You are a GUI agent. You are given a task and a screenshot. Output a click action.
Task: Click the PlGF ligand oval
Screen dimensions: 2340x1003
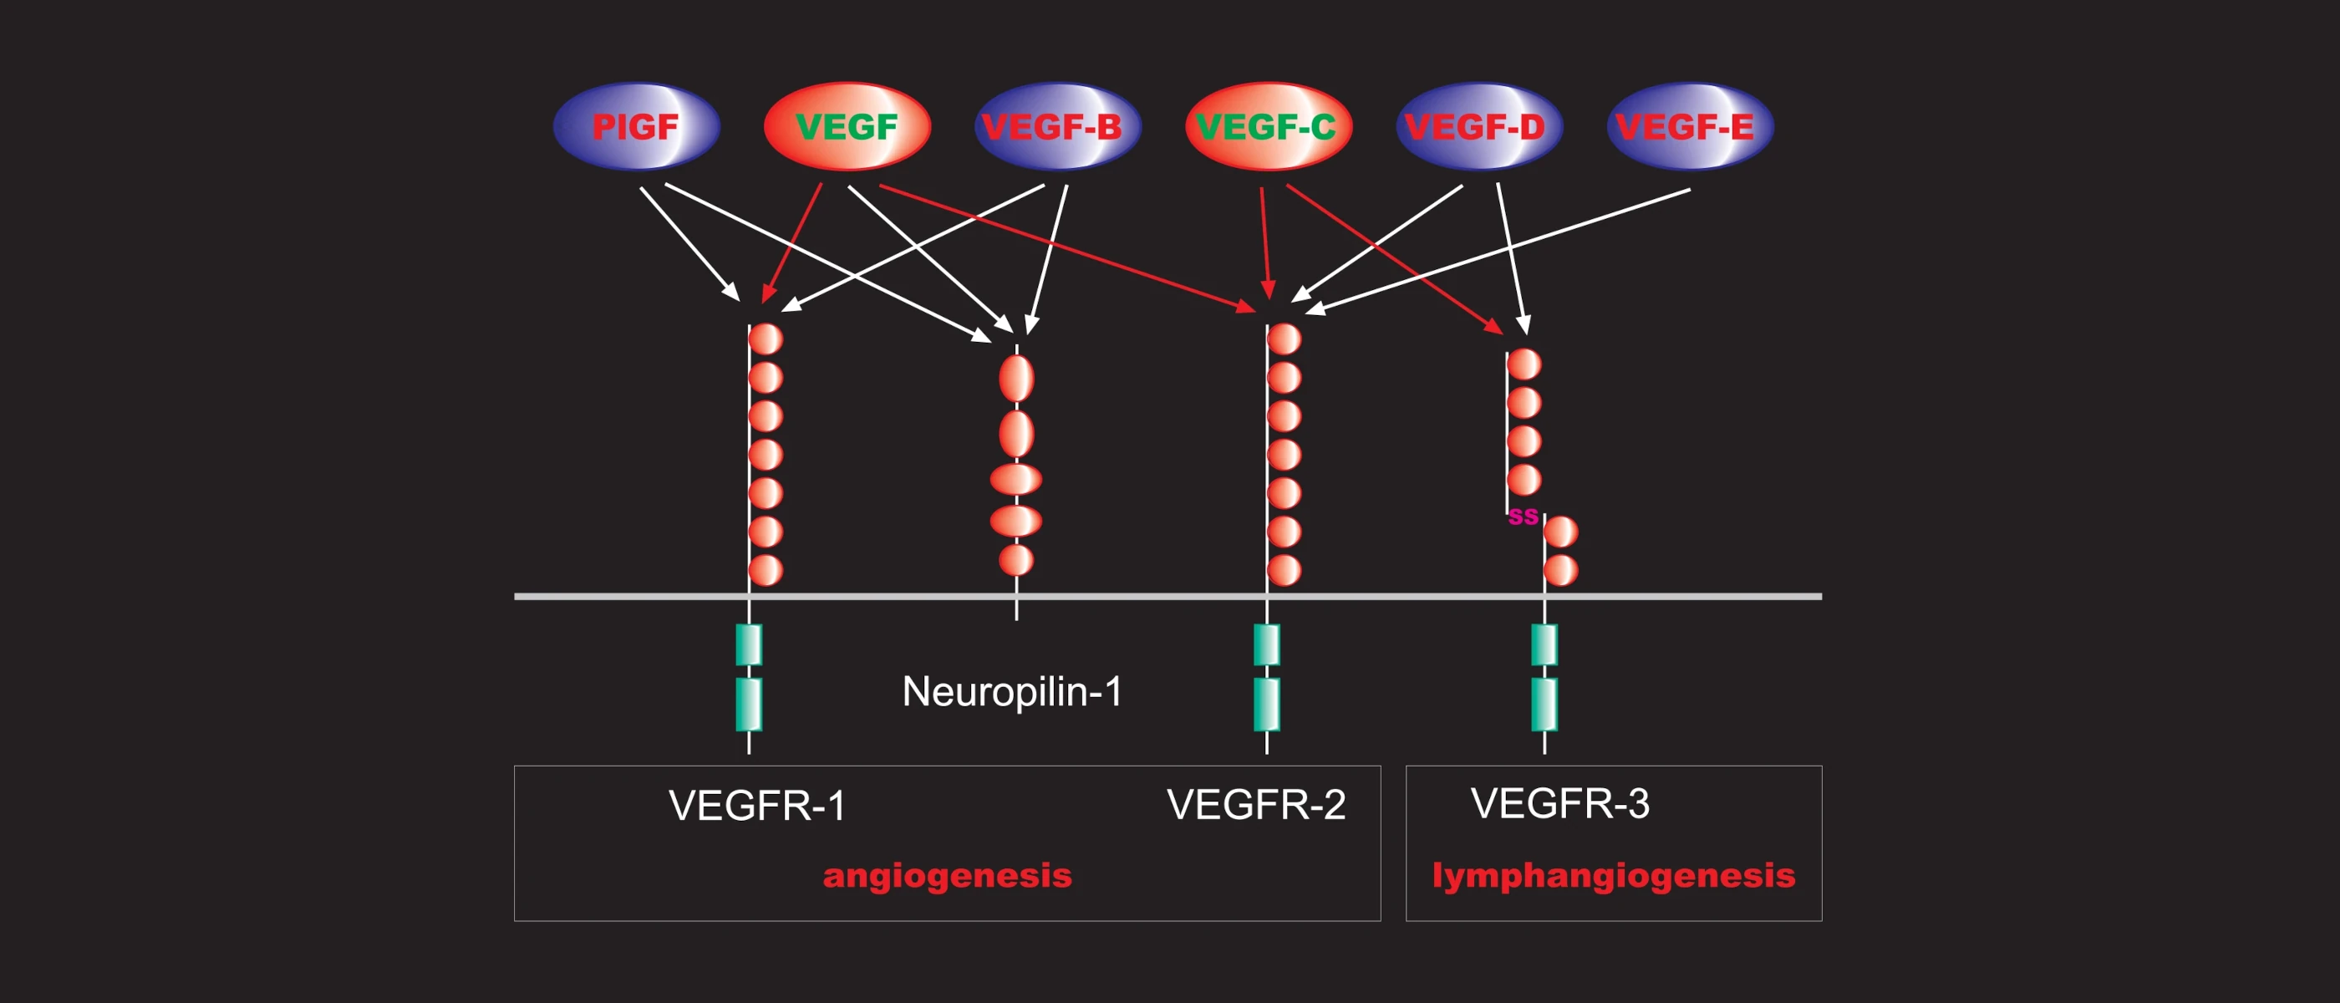tap(636, 126)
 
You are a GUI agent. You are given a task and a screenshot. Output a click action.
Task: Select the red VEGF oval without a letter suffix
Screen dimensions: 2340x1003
tap(847, 126)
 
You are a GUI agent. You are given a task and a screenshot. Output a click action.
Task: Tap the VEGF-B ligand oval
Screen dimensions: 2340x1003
tap(1057, 126)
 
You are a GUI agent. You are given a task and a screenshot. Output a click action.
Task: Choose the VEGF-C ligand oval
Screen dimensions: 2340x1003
tap(1268, 126)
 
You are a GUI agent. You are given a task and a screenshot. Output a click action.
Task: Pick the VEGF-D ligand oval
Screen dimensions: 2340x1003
tap(1479, 126)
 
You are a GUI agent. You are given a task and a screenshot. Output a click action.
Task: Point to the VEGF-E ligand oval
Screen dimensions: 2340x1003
tap(1690, 126)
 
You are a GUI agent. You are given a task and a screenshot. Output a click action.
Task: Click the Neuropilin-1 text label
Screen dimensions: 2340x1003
tap(1012, 692)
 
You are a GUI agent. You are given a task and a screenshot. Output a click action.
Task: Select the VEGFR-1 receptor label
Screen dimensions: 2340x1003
tap(756, 805)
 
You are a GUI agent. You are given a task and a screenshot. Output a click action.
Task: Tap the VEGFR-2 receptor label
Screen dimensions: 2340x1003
tap(1255, 804)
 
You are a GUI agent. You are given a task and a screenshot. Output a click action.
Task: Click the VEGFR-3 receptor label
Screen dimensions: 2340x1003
tap(1559, 803)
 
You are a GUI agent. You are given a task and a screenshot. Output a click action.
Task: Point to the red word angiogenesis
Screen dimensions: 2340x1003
tap(948, 876)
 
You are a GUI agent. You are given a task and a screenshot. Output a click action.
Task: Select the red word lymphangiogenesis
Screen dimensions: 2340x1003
tap(1613, 876)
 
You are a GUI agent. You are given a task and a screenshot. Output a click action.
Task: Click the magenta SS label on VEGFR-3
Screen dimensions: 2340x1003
tap(1524, 517)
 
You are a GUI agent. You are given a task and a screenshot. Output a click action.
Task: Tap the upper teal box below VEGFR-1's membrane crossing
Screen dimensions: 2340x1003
tap(749, 644)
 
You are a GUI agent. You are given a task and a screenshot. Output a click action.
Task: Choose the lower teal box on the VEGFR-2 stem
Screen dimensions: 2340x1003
tap(1266, 704)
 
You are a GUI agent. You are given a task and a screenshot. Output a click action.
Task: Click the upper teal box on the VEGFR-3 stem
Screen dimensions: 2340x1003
tap(1544, 644)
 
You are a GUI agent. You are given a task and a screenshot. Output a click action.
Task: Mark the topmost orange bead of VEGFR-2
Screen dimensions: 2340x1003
tap(1284, 339)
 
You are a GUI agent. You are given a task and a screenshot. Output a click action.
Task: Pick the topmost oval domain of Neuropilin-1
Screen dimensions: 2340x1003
tap(1016, 378)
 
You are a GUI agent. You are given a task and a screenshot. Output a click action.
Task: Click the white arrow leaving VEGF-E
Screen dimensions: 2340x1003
tap(1498, 252)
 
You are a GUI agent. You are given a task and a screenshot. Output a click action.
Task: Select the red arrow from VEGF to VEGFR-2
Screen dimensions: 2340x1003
tap(1066, 248)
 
